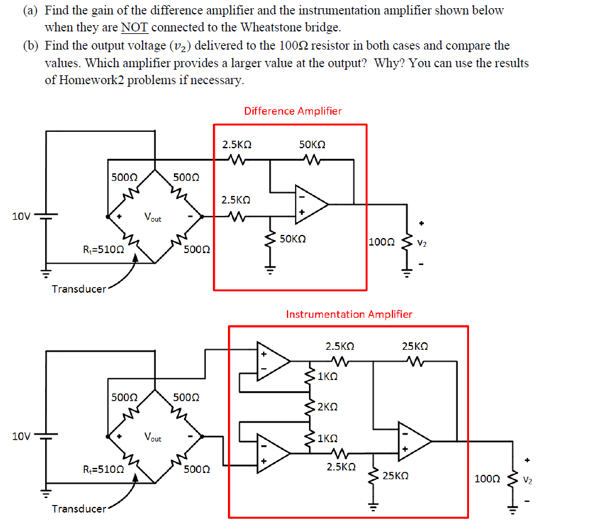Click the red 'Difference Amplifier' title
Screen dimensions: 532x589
pyautogui.click(x=293, y=111)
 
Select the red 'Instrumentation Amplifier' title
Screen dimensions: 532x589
pyautogui.click(x=349, y=314)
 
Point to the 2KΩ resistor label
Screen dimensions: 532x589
pyautogui.click(x=328, y=407)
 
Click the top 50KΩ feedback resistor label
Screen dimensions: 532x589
pyautogui.click(x=312, y=144)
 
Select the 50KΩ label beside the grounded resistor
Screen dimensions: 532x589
pyautogui.click(x=293, y=239)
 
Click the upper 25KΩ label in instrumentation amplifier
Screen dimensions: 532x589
pyautogui.click(x=415, y=346)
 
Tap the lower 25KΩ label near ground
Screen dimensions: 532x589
pyautogui.click(x=396, y=476)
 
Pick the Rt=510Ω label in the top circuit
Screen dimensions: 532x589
pyautogui.click(x=103, y=249)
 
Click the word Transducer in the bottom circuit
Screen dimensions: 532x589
pyautogui.click(x=79, y=509)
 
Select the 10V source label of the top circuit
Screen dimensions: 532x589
pyautogui.click(x=21, y=217)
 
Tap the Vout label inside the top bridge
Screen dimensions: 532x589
pyautogui.click(x=153, y=218)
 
